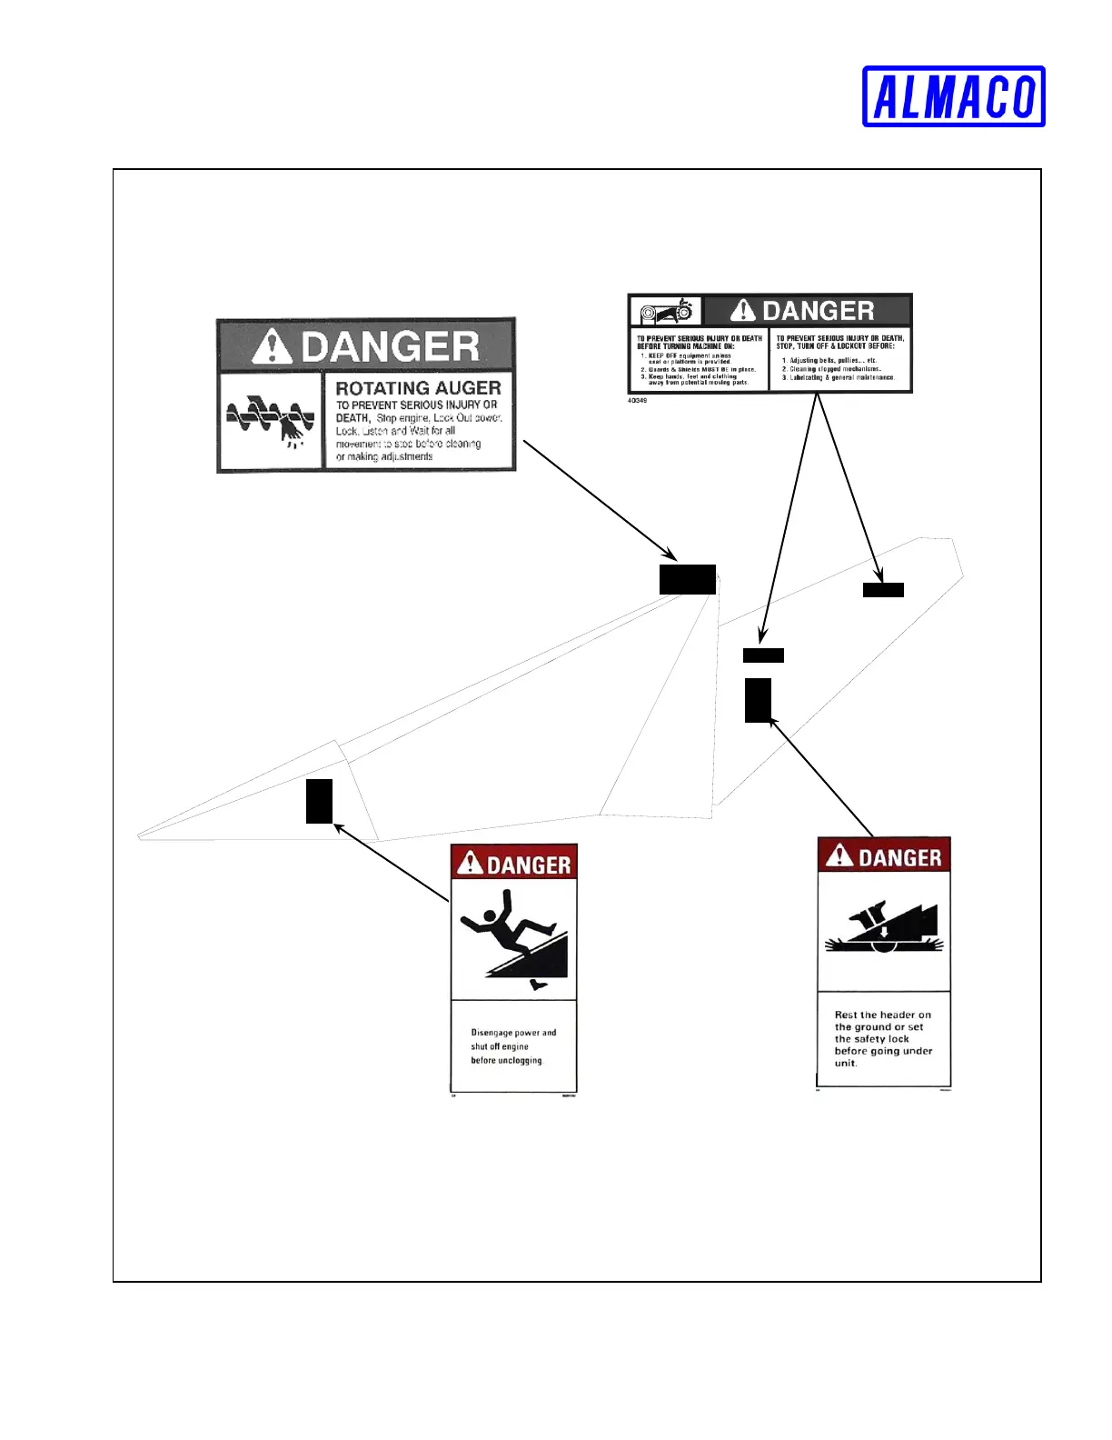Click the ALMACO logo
click(953, 96)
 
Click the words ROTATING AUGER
click(418, 388)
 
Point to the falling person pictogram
click(514, 941)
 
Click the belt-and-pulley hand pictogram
click(667, 312)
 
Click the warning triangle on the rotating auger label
click(271, 346)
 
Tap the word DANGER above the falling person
click(529, 865)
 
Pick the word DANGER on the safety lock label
click(899, 858)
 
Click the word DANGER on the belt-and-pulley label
click(818, 311)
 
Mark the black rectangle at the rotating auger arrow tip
click(688, 579)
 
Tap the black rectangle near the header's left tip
click(319, 801)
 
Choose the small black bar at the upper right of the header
click(883, 590)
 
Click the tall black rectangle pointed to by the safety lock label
click(758, 700)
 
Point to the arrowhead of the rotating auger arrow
click(672, 556)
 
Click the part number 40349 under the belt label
click(637, 400)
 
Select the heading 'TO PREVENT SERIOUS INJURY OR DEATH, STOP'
click(839, 342)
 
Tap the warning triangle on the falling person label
click(470, 863)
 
